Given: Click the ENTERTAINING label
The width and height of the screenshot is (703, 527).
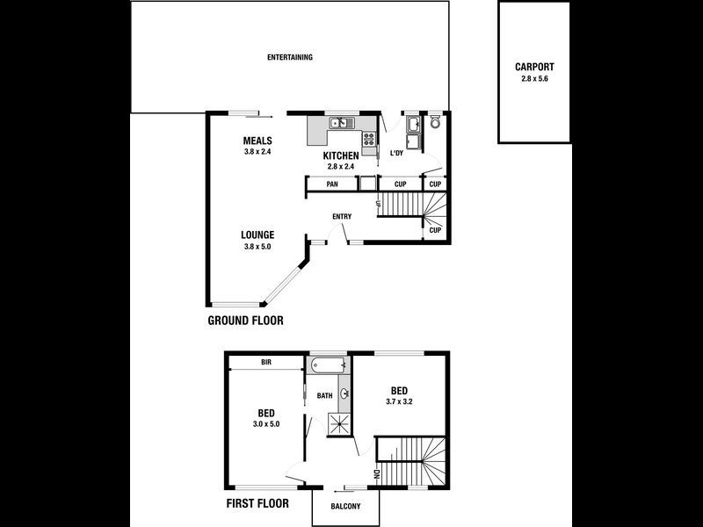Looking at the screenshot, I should pos(290,57).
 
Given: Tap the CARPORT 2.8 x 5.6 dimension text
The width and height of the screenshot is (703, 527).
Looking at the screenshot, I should pos(534,78).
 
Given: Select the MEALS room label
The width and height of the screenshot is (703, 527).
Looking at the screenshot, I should pos(258,141).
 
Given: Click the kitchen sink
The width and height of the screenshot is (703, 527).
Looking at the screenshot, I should pos(340,124).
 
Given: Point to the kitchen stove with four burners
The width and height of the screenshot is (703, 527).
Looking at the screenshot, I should pos(369,138).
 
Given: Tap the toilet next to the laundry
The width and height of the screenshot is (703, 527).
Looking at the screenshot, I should pos(435,123).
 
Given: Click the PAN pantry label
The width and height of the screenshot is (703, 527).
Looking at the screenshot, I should pos(332,184).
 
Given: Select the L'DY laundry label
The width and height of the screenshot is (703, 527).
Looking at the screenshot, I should pos(397,154).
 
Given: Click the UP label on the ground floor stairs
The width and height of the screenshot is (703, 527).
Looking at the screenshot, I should pos(378,205).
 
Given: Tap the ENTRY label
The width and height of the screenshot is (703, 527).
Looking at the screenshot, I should pos(342,217).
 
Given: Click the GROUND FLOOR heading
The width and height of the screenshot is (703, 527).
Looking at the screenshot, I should pos(245,321).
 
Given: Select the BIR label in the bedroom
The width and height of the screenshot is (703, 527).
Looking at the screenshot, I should pos(265,362).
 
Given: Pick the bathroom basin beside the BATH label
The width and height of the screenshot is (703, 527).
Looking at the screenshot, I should pos(344,394).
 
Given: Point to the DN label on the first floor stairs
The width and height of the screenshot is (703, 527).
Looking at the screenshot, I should pos(377,474).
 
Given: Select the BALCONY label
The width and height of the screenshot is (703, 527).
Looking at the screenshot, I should pos(345,507).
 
